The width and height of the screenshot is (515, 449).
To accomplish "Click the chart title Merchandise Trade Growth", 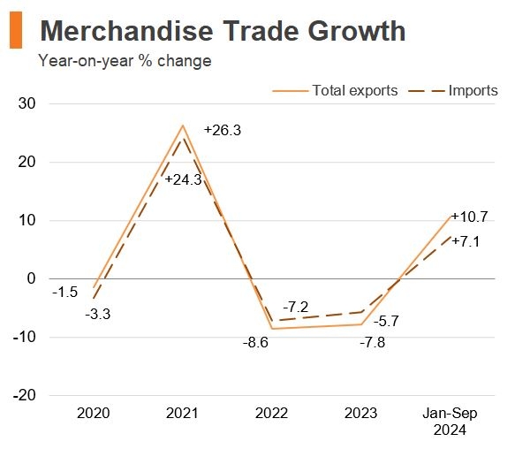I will pos(223,31).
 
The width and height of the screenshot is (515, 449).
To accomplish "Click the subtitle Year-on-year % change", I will pos(125,61).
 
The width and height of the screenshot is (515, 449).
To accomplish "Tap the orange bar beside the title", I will pos(15,32).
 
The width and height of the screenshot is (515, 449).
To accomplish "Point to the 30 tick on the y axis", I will pos(26,103).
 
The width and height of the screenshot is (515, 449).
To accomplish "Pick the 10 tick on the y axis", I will pos(26,220).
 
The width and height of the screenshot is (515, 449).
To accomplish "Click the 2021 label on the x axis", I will pos(182,414).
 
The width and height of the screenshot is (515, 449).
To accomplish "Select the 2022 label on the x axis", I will pos(271,414).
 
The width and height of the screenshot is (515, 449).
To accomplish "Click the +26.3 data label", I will pos(222,130).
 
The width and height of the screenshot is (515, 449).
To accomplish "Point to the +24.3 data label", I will pos(184,179).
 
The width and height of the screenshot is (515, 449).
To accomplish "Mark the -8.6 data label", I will pos(256,341).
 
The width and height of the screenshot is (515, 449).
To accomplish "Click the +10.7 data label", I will pos(470,217).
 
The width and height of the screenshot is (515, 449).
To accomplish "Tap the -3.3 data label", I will pos(97,313).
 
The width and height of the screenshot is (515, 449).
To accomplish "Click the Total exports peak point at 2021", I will pos(182,126).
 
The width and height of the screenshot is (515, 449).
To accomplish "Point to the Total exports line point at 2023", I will pos(360,324).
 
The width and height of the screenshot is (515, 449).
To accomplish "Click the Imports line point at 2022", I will pos(271,320).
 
